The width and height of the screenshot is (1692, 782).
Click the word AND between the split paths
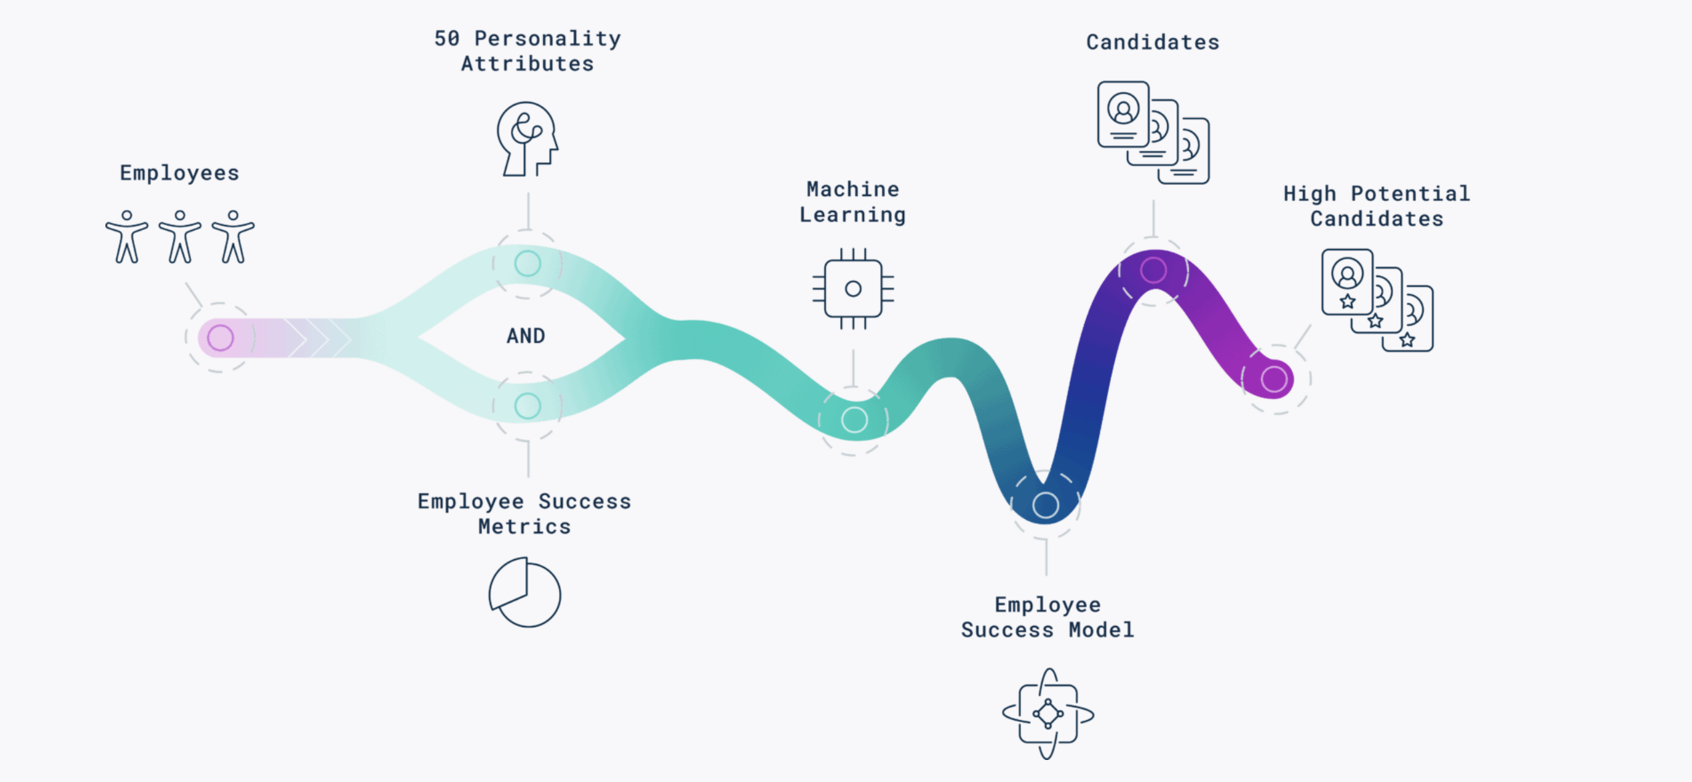coord(526,336)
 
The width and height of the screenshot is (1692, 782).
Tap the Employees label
coord(179,173)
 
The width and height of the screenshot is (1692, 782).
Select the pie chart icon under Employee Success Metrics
coord(525,593)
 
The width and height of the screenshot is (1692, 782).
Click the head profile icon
coord(527,139)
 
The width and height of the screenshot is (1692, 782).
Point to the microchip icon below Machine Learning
coord(853,289)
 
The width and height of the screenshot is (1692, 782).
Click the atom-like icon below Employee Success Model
coord(1047,714)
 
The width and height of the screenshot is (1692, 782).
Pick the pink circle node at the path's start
coord(220,338)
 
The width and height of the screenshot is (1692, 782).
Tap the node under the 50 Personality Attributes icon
coord(528,264)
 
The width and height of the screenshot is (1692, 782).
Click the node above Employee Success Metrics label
coord(528,406)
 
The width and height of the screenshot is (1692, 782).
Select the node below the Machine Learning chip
coord(855,420)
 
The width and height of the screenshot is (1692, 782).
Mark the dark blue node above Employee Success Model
coord(1045,505)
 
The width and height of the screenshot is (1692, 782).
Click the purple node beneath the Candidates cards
coord(1154,270)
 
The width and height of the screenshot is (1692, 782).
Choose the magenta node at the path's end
coord(1274,379)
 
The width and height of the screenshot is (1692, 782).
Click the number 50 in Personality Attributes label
coord(447,39)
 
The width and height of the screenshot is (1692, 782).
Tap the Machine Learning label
coord(853,202)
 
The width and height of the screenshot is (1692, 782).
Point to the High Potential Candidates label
coord(1376,206)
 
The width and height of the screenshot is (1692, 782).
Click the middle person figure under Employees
coord(179,237)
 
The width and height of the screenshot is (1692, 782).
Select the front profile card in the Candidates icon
coord(1124,114)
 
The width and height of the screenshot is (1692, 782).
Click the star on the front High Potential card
coord(1348,301)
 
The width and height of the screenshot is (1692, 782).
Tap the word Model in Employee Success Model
coord(1102,630)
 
